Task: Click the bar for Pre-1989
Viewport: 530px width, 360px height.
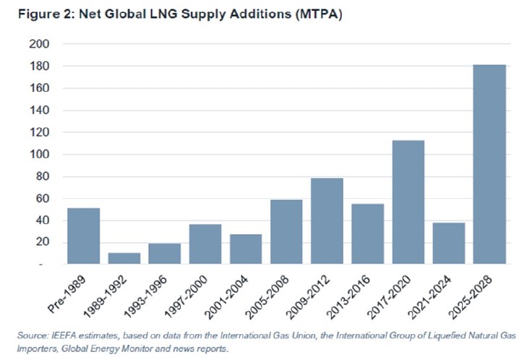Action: pyautogui.click(x=83, y=236)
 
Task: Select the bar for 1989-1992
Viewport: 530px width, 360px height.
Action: pyautogui.click(x=124, y=259)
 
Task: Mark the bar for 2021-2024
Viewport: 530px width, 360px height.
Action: pyautogui.click(x=448, y=244)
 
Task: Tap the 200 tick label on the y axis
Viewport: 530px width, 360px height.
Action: pyautogui.click(x=39, y=44)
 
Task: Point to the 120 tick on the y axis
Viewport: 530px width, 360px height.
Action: pyautogui.click(x=39, y=132)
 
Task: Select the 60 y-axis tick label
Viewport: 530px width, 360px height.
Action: pyautogui.click(x=42, y=199)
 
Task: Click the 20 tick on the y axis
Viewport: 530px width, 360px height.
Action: pyautogui.click(x=42, y=243)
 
